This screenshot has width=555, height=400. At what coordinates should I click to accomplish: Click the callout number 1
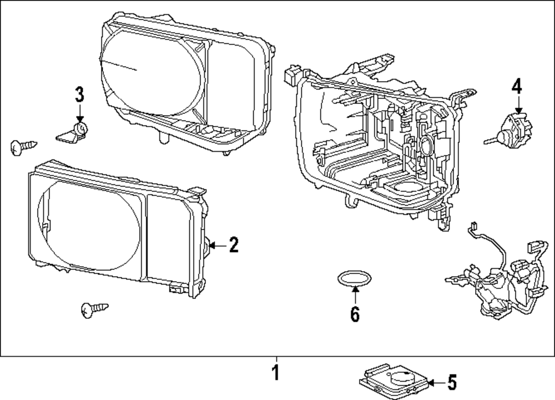click(276, 373)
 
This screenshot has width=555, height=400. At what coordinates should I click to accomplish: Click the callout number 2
click(234, 245)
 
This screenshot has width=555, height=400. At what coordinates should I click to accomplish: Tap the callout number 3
click(79, 94)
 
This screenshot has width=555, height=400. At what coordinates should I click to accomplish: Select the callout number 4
click(517, 87)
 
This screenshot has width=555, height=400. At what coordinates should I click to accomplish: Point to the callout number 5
click(452, 383)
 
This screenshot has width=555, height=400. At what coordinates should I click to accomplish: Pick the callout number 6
click(355, 314)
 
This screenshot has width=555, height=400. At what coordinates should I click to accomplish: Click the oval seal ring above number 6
click(354, 278)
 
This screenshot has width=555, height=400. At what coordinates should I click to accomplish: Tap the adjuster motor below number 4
click(509, 132)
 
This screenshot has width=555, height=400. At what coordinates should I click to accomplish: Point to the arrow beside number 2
click(218, 245)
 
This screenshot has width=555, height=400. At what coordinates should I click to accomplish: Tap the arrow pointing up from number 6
click(355, 295)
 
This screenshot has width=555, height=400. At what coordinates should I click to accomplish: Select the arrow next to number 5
click(436, 383)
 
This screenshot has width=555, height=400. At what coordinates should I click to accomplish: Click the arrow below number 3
click(80, 114)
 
